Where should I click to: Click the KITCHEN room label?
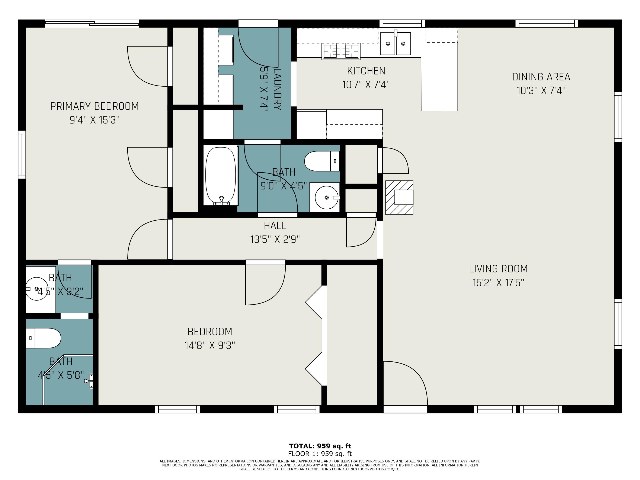coord(366,71)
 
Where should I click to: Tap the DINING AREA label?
coord(541,77)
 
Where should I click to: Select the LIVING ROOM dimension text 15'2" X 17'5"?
coord(498,283)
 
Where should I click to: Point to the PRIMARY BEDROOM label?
coord(95,106)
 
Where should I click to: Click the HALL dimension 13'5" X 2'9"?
coord(275,240)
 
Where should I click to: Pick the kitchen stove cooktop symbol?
coord(341,51)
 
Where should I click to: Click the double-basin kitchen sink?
coord(395,43)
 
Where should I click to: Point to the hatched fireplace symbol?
coord(399,198)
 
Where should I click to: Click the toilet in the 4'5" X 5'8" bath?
coord(43,338)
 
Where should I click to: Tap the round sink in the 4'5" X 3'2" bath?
coord(36,289)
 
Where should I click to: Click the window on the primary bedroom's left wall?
coord(22,154)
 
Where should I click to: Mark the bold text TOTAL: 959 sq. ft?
coord(320,446)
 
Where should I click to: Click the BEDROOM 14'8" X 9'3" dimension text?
coord(210,345)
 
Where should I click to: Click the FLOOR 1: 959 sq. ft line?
coord(320,454)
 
